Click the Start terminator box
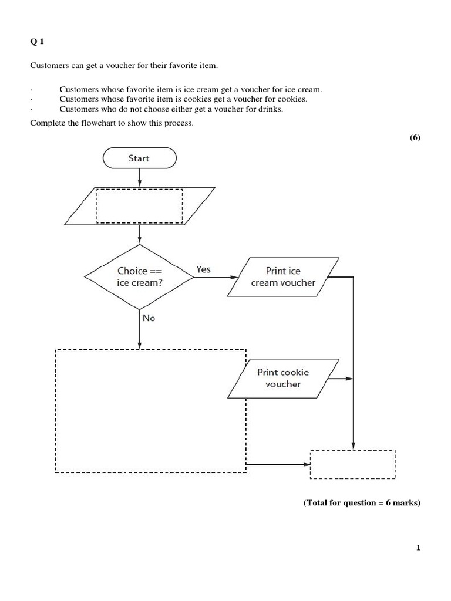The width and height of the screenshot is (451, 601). pyautogui.click(x=139, y=158)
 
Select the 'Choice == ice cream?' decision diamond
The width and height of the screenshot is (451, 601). pyautogui.click(x=139, y=276)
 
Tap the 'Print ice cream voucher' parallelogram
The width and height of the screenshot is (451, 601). pyautogui.click(x=283, y=276)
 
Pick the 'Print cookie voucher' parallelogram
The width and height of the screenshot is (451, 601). pyautogui.click(x=283, y=378)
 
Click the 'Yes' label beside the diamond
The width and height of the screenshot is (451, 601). pyautogui.click(x=203, y=269)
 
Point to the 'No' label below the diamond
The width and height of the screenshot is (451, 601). pyautogui.click(x=148, y=317)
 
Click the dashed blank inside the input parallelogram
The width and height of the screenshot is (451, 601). pyautogui.click(x=139, y=205)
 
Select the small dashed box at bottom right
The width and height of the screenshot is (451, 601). pyautogui.click(x=352, y=464)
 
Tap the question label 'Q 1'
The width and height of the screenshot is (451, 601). pyautogui.click(x=37, y=41)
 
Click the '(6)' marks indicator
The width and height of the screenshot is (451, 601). pyautogui.click(x=415, y=137)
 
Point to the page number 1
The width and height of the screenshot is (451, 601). pyautogui.click(x=418, y=548)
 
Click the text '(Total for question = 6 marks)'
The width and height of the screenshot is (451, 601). pyautogui.click(x=362, y=503)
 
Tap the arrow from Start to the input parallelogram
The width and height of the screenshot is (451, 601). pyautogui.click(x=139, y=177)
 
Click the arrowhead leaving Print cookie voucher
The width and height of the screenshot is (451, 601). pyautogui.click(x=349, y=379)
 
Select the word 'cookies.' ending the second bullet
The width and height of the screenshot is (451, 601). pyautogui.click(x=293, y=99)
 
